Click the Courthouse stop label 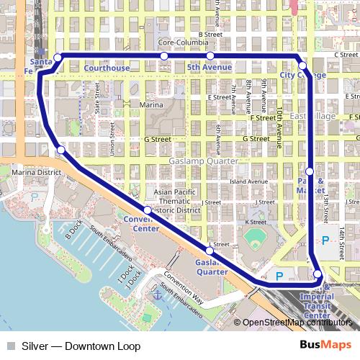pos(107,68)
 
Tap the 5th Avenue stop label pos(208,68)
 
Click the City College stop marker pos(302,66)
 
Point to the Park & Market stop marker pos(310,171)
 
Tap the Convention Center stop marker pos(147,210)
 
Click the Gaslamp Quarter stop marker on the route pos(210,251)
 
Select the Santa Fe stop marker pos(57,57)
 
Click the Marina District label pos(36,173)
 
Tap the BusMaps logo pos(325,346)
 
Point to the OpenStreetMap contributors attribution pos(297,323)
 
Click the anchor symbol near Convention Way pos(156,294)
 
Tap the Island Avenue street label pos(248,181)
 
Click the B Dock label pos(71,229)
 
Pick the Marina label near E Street pos(151,105)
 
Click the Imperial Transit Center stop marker pos(318,273)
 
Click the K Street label pos(256,222)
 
